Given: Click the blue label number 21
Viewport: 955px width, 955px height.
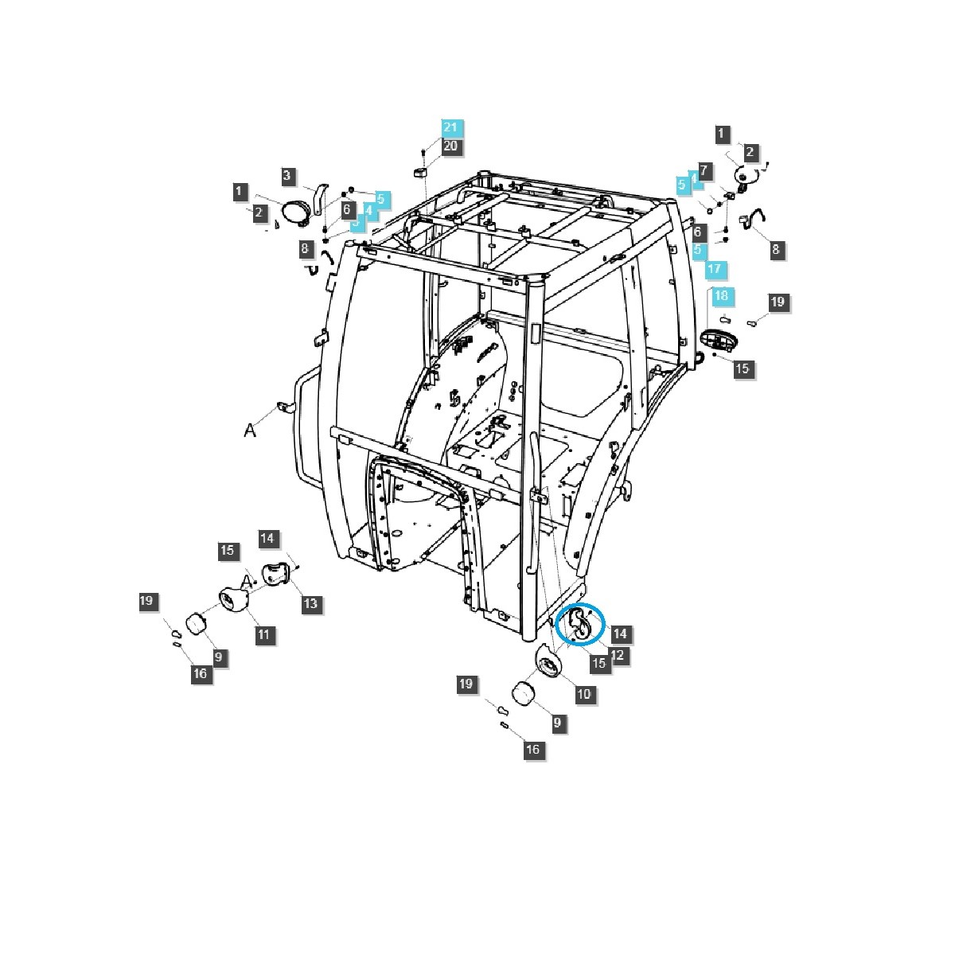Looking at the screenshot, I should point(450,127).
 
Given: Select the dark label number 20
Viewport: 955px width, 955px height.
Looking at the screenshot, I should point(450,146).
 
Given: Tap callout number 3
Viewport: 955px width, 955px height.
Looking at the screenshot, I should point(289,175).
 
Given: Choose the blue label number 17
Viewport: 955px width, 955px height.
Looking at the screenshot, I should point(714,268).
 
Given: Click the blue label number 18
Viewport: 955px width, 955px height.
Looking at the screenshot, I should point(720,295).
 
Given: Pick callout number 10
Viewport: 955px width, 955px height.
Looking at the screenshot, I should point(583,694).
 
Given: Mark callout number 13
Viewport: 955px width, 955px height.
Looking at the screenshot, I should point(310,603).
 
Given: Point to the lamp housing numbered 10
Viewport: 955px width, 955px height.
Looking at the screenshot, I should point(549,660).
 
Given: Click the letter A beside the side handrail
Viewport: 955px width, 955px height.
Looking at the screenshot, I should point(250,430).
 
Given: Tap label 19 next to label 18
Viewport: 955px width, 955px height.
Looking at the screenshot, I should point(777,302).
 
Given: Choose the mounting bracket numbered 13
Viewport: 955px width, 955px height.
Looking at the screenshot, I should point(276,574).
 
